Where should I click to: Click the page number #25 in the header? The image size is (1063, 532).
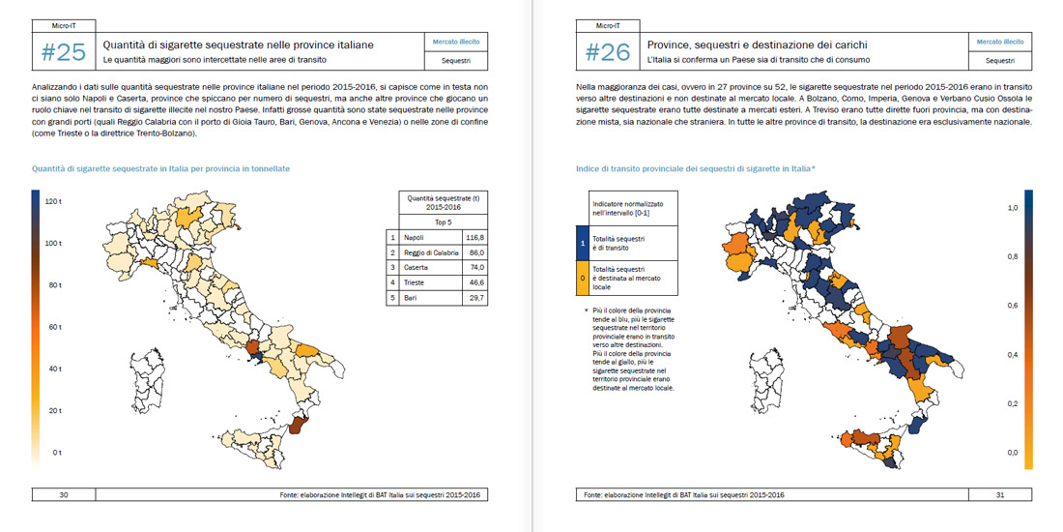(x=65, y=52)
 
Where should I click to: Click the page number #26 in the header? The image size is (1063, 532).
(x=609, y=52)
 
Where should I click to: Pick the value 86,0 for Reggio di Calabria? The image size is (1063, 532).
(x=474, y=252)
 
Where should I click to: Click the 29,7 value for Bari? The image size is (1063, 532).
(x=474, y=299)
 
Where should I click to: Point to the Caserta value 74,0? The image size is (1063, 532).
(x=474, y=268)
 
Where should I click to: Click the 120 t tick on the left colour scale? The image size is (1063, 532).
(x=53, y=200)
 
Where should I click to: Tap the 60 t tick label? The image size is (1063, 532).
(x=54, y=326)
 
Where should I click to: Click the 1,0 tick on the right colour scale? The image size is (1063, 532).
(x=1013, y=208)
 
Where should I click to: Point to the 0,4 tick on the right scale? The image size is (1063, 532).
(x=1013, y=355)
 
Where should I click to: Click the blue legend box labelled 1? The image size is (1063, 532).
(x=582, y=244)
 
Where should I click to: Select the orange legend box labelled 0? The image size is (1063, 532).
(x=582, y=279)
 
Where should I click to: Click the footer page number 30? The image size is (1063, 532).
(x=64, y=495)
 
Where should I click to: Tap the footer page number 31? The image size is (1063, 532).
(x=1000, y=495)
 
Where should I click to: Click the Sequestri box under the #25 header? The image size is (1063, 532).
(x=455, y=60)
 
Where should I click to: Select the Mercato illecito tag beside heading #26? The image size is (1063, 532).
(x=999, y=43)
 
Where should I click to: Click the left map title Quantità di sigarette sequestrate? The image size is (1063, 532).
(x=160, y=168)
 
